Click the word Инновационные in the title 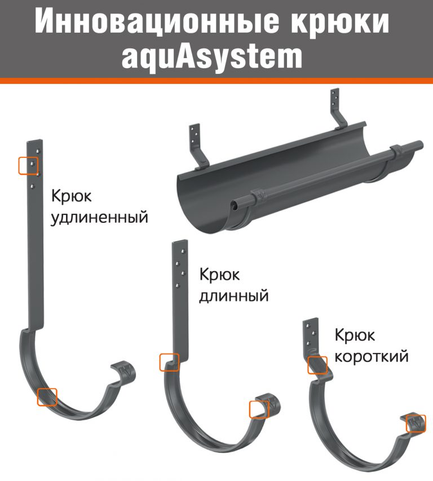tap(157, 21)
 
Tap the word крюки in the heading tap(340, 21)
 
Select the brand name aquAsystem tap(212, 57)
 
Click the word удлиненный tap(99, 217)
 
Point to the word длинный tap(234, 295)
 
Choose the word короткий tap(372, 356)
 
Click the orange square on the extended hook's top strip tap(28, 166)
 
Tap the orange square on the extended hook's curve tap(47, 397)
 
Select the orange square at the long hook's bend tap(169, 362)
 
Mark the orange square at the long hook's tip tap(259, 409)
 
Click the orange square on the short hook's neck tap(317, 365)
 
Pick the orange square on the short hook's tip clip tap(416, 423)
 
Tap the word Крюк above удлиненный tap(71, 196)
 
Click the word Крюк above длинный tap(219, 274)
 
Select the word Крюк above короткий tap(355, 335)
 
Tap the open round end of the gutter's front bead tap(235, 204)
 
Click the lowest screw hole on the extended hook tap(33, 186)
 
